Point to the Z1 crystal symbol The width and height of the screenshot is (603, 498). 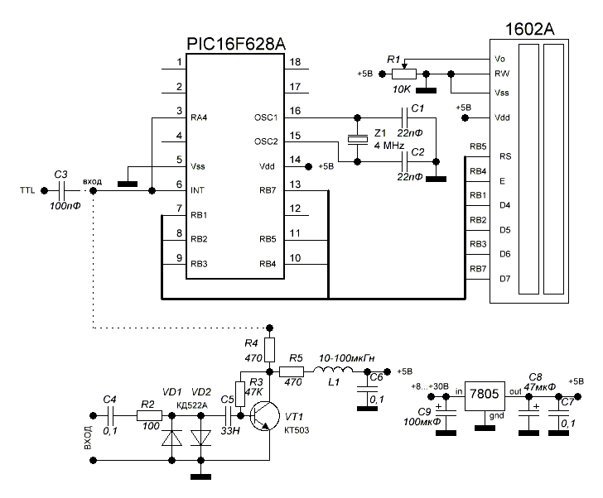pos(357,139)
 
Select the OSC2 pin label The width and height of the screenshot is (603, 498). pos(268,140)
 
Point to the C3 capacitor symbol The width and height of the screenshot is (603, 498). pos(61,190)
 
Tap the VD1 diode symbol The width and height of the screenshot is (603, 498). pos(171,438)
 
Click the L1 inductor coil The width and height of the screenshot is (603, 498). pos(330,370)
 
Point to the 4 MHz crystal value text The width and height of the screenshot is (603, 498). pos(389,146)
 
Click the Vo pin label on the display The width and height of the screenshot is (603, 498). pos(499,59)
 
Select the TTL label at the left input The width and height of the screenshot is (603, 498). pos(27,190)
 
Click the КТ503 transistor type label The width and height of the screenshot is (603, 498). pos(297,431)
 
